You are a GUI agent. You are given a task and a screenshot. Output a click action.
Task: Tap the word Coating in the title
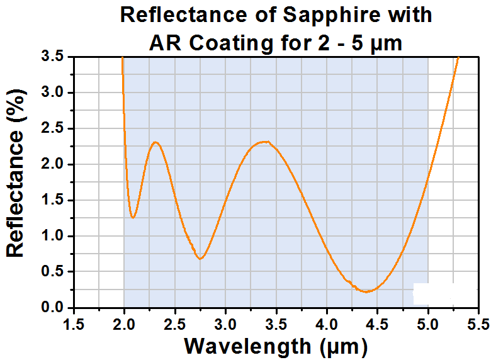click(x=231, y=43)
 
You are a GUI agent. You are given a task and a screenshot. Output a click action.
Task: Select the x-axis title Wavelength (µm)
click(x=276, y=347)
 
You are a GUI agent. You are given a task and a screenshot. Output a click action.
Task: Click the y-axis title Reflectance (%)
click(x=15, y=173)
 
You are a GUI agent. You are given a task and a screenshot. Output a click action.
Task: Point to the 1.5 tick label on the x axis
click(x=74, y=324)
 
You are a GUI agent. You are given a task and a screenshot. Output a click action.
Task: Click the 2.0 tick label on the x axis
click(x=124, y=324)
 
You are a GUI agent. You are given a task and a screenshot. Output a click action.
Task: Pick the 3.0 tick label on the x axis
click(x=225, y=324)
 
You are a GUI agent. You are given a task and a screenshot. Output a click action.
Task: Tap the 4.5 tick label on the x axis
click(x=377, y=324)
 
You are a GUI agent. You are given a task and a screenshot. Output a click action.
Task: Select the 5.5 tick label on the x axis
click(x=478, y=324)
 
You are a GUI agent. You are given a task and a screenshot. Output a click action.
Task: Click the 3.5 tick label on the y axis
click(x=52, y=57)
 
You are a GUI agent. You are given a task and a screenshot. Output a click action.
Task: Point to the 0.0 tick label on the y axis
click(x=52, y=307)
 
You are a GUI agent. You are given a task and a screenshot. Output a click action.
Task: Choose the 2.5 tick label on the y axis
click(x=52, y=128)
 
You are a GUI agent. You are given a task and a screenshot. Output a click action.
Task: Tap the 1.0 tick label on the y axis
click(x=52, y=236)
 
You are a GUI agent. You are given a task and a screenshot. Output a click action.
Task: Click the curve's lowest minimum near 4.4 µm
click(x=367, y=292)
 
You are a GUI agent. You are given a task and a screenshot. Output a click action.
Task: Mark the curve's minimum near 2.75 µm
click(x=200, y=259)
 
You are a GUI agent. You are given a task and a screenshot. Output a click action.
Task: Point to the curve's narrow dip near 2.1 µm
click(x=133, y=217)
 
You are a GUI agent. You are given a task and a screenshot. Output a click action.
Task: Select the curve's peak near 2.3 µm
click(x=155, y=142)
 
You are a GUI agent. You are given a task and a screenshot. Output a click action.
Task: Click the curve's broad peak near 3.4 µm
click(x=264, y=142)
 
